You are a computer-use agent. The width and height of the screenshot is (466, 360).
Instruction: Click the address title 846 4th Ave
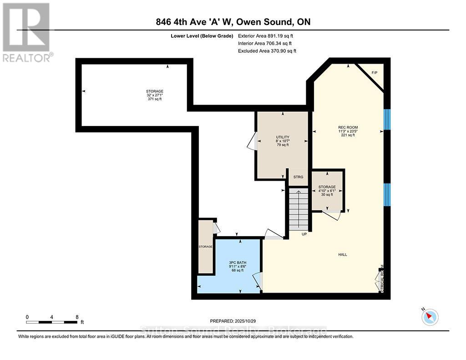233,22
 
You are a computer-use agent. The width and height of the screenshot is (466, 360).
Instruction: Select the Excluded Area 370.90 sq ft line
267,51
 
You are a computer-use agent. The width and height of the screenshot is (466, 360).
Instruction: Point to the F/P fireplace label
375,73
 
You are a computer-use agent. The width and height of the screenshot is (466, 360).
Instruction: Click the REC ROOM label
348,127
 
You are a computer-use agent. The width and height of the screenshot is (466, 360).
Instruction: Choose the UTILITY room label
283,137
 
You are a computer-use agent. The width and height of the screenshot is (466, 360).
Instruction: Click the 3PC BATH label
237,262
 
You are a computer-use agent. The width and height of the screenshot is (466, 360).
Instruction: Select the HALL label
342,254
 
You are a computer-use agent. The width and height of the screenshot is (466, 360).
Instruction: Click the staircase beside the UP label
299,210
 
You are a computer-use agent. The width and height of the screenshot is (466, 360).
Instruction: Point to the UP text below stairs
304,234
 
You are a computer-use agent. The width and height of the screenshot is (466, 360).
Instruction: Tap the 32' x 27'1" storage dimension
154,95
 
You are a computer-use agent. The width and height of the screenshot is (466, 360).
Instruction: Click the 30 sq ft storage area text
327,194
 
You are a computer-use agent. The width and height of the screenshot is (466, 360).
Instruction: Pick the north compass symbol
430,317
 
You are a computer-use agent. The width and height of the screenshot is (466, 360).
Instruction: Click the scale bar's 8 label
77,317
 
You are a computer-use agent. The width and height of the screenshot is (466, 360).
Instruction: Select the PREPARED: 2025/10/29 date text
236,320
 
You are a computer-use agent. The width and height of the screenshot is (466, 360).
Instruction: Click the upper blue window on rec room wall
387,119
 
